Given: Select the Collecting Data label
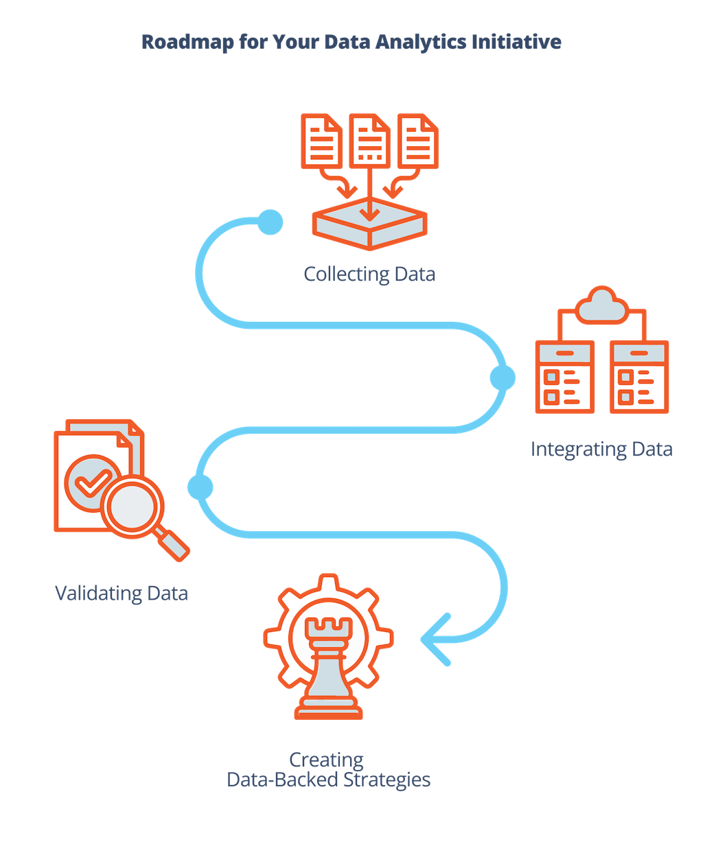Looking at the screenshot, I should coord(369,274).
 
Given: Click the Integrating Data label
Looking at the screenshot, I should coord(601,449).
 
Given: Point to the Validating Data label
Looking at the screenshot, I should coord(122,593).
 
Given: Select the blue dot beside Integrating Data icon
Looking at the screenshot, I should coord(502,377).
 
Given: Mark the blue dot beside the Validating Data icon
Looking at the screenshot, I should coord(200,487).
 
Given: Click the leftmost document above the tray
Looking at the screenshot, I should coord(321,141).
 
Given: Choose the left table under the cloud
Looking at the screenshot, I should coord(564,377).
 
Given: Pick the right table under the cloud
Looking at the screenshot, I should coord(638,377).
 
